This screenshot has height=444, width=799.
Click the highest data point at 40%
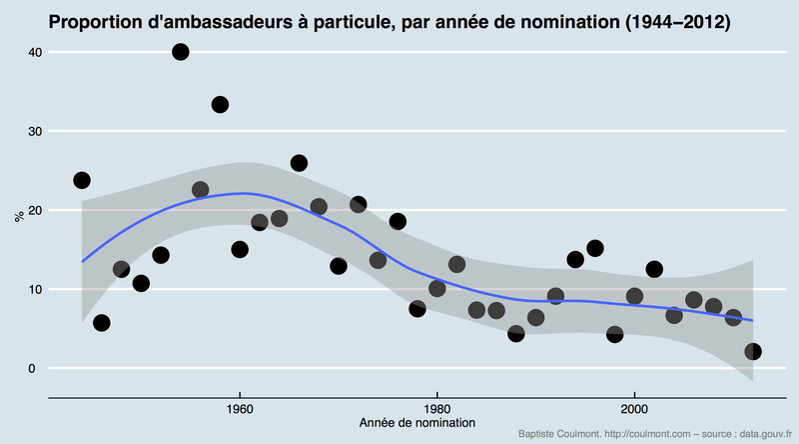tap(181, 52)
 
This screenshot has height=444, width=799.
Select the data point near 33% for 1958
tap(220, 104)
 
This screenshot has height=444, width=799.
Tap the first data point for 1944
tap(82, 181)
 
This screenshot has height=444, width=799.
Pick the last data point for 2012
tap(753, 351)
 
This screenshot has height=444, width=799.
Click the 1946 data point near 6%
tap(101, 323)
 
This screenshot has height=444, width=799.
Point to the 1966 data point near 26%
tap(299, 163)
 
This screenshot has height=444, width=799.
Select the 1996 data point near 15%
tap(595, 248)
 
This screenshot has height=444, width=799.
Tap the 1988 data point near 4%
tap(516, 334)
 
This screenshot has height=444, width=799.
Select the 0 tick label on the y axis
tap(31, 369)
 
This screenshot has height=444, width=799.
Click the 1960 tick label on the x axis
tap(240, 408)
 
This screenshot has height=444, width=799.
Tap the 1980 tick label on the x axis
tap(437, 408)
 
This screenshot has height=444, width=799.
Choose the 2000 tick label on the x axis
tap(634, 408)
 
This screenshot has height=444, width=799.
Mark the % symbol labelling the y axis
tap(17, 215)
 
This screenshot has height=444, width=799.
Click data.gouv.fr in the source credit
tap(761, 434)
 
